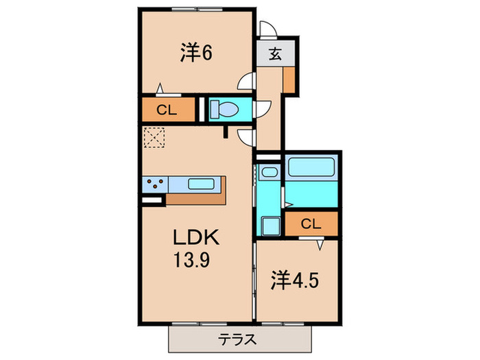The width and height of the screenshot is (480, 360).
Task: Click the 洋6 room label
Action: (x=195, y=52)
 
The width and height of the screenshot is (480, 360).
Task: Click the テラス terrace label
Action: (x=238, y=338)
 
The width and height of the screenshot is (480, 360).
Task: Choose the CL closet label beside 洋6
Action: (x=167, y=109)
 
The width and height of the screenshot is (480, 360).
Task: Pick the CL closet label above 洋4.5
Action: (x=311, y=224)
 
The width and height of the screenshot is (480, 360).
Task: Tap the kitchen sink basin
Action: (x=201, y=184)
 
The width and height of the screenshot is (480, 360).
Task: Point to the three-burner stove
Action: (x=155, y=184)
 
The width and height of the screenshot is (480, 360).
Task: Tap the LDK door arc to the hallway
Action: (x=246, y=137)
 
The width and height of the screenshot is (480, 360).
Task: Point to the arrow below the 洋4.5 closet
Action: (x=320, y=242)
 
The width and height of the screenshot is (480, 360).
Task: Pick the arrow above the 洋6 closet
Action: (x=160, y=88)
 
